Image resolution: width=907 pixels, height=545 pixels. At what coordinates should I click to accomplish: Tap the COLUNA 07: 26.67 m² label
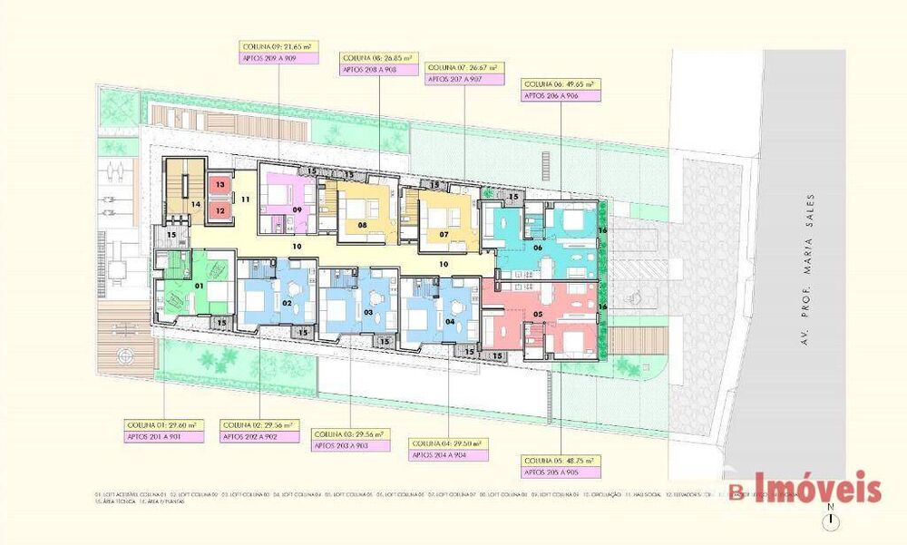coord(464,67)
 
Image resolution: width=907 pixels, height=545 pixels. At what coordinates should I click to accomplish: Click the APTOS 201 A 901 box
coord(163,436)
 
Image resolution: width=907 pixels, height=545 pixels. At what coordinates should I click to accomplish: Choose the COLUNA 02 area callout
coord(260,424)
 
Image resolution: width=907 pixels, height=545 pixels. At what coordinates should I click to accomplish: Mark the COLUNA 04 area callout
coord(449,443)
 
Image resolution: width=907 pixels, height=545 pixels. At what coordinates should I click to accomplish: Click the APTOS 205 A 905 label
coord(561,473)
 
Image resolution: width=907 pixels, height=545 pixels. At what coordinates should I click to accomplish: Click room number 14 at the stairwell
coord(195,205)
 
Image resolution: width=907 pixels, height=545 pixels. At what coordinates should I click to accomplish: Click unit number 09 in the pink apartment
coord(297,209)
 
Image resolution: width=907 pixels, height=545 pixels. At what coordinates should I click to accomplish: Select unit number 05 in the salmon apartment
coord(538,315)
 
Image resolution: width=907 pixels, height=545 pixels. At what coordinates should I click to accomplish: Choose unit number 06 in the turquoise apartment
coord(538,248)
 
